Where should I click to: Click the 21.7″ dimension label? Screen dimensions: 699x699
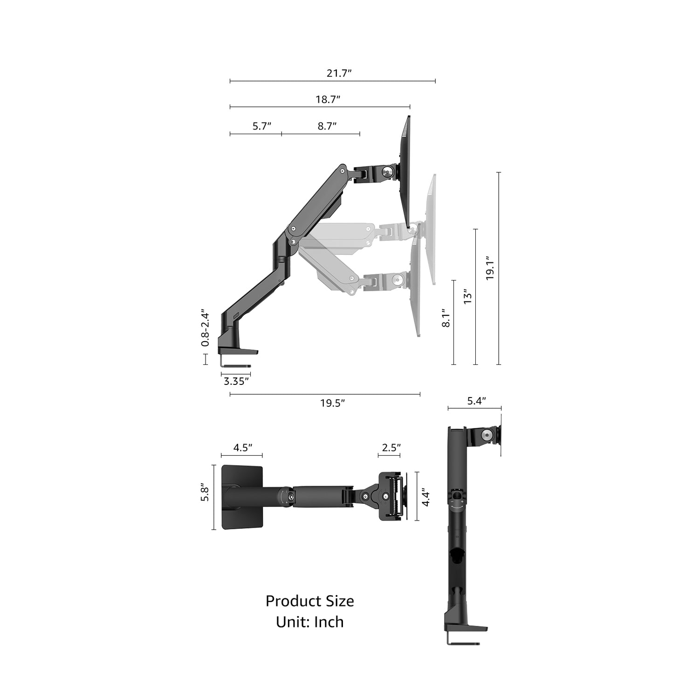tap(339, 73)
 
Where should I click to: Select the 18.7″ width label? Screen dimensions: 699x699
tap(328, 99)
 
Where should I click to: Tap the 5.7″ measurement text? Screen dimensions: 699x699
tap(262, 126)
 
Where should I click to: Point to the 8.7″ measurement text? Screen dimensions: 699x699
tap(327, 126)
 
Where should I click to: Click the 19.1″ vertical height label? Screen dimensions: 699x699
tap(490, 268)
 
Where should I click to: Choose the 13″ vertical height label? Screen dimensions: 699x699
tap(468, 297)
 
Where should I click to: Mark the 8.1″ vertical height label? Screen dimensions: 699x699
tap(445, 318)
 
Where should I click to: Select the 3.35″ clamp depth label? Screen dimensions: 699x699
tap(236, 382)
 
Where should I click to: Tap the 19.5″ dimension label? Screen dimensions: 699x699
tap(332, 404)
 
